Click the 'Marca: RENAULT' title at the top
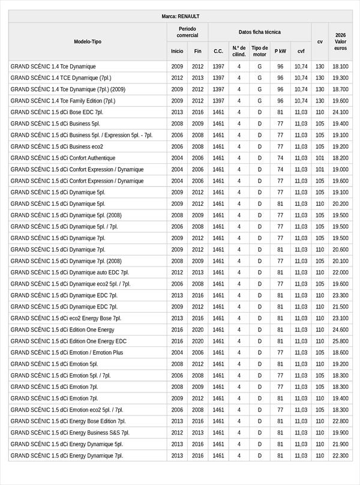pos(181,16)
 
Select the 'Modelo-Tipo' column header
pos(88,41)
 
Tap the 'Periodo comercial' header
pos(187,32)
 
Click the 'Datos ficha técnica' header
pos(259,32)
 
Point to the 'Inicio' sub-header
pos(177,51)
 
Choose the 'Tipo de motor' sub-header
pos(259,51)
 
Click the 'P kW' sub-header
pos(280,51)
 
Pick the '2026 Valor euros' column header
pos(340,41)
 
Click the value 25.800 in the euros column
pos(340,341)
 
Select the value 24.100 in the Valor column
pos(340,112)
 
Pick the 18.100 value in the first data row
pos(340,67)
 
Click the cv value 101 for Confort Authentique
pos(320,158)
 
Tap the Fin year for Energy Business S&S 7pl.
pos(198,433)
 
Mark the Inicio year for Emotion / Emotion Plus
pos(177,352)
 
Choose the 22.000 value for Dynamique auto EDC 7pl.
pos(340,273)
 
